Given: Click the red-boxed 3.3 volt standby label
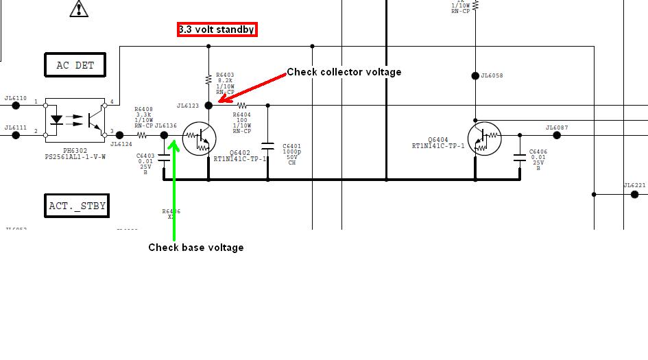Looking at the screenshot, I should coord(217,29).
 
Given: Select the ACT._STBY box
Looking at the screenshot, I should coord(77,206).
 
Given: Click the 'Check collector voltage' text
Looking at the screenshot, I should coord(344,72).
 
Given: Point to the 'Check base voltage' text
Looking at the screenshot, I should coord(195,248).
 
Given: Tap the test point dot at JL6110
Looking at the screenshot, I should coord(15,106).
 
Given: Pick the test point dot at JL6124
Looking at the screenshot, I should coord(120,135).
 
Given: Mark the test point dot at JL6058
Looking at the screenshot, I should coord(475,76).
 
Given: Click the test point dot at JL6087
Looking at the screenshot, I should coord(556,135).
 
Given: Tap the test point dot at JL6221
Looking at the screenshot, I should coord(634,195).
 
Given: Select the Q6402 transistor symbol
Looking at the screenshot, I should coord(200,139).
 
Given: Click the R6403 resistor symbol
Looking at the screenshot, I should coord(208,79).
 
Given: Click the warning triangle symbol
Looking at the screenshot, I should coord(80,8).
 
